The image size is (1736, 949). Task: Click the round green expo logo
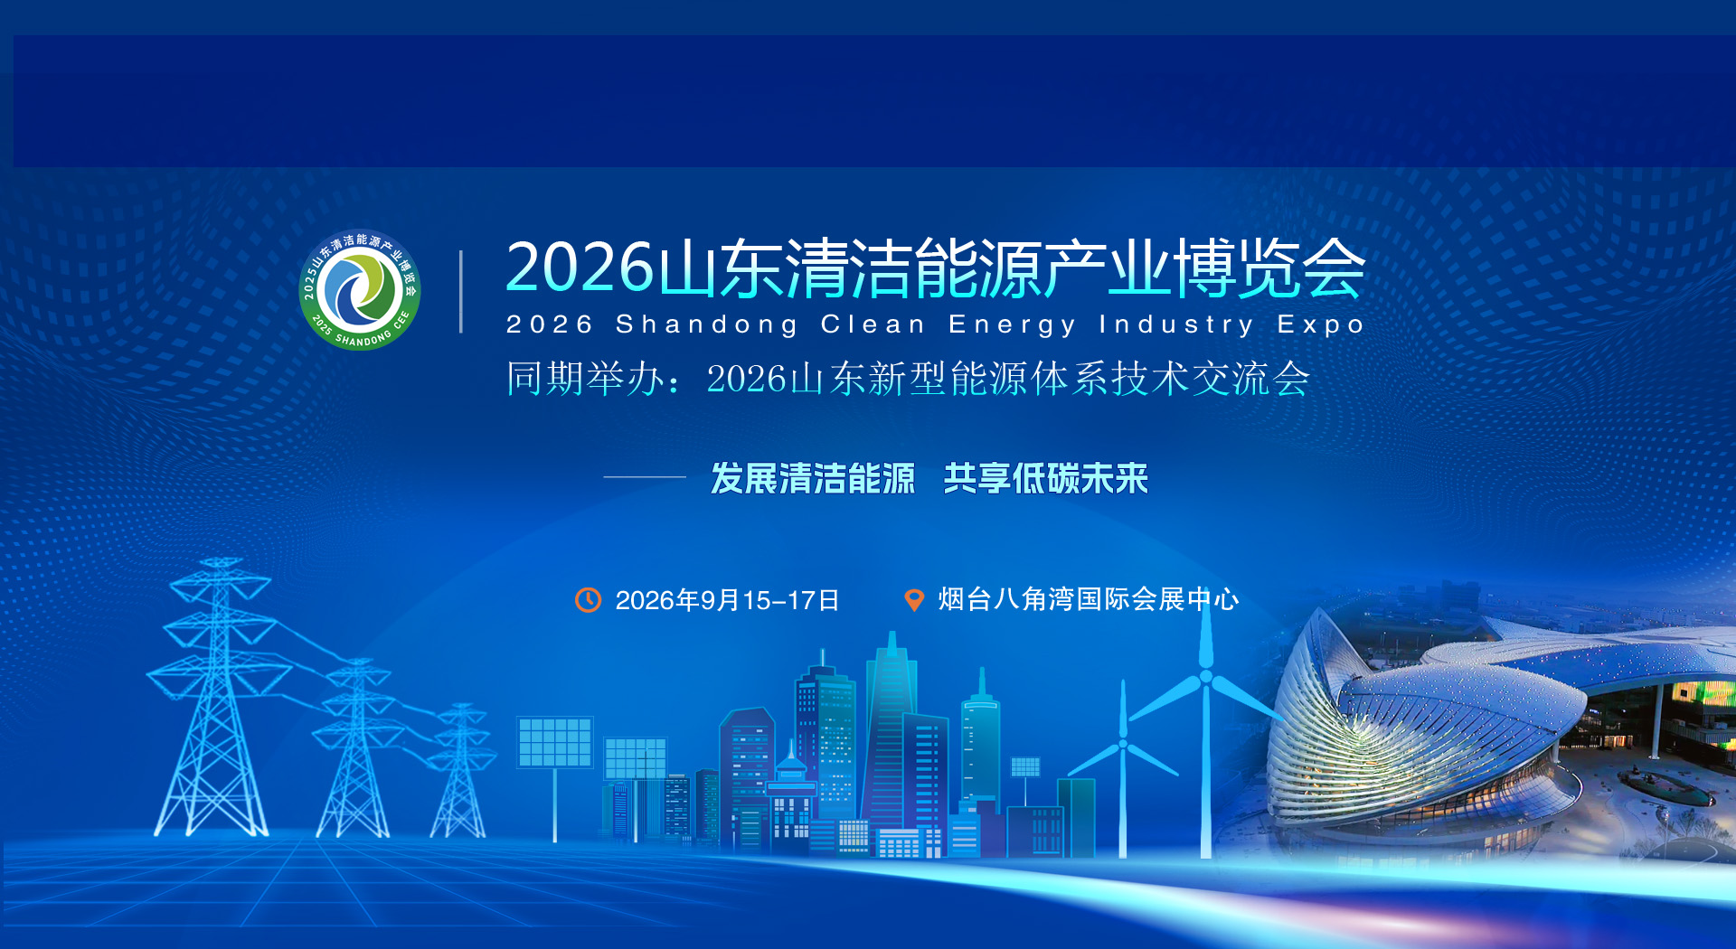pyautogui.click(x=360, y=289)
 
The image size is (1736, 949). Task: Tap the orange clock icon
pyautogui.click(x=589, y=599)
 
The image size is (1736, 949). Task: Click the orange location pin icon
pyautogui.click(x=914, y=599)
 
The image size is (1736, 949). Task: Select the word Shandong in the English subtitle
pyautogui.click(x=706, y=324)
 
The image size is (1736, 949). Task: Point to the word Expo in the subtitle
pyautogui.click(x=1320, y=324)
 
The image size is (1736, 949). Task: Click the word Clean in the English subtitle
pyautogui.click(x=873, y=324)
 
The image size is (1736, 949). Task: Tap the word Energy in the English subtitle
pyautogui.click(x=1012, y=325)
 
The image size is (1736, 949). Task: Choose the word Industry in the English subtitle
pyautogui.click(x=1176, y=325)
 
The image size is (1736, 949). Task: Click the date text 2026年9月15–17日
pyautogui.click(x=727, y=600)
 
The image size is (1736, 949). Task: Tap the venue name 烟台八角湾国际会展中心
pyautogui.click(x=1089, y=599)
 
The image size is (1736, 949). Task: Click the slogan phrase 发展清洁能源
pyautogui.click(x=813, y=478)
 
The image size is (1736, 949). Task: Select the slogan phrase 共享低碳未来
pyautogui.click(x=1045, y=478)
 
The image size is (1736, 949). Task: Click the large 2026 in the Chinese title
pyautogui.click(x=580, y=268)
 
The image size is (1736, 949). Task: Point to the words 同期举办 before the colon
pyautogui.click(x=585, y=378)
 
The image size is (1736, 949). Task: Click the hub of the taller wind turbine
pyautogui.click(x=1205, y=676)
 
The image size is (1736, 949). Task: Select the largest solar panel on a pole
pyautogui.click(x=555, y=741)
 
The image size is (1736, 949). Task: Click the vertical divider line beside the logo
pyautogui.click(x=461, y=291)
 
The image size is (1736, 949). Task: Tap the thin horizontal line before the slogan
pyautogui.click(x=645, y=476)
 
